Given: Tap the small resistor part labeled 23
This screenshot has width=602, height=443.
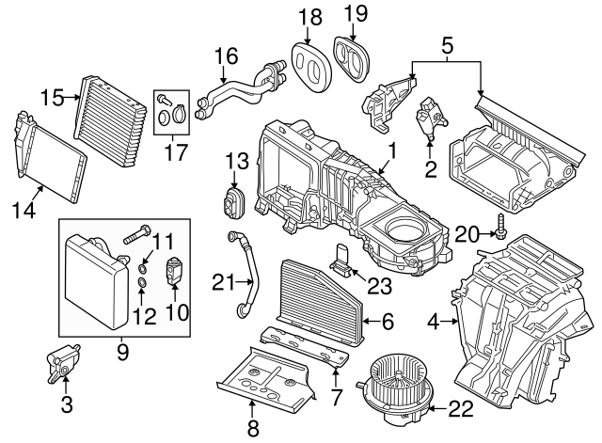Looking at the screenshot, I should point(345,262).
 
